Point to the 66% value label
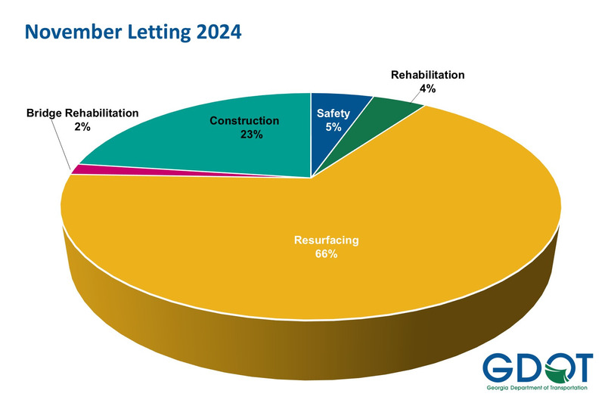327,254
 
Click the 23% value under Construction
253,135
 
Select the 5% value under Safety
334,128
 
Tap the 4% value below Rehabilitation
427,88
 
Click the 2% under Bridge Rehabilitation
82,127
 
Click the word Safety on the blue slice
334,114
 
